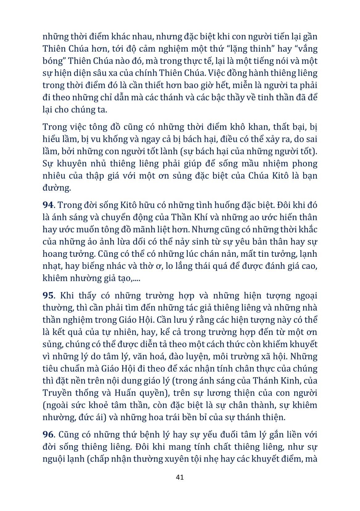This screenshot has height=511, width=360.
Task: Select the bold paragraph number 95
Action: point(48,296)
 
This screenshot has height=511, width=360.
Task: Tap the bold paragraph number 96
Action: point(48,435)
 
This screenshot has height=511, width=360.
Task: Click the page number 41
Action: point(180,477)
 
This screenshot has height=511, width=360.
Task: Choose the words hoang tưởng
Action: point(69,254)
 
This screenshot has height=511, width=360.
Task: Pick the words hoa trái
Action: point(170,417)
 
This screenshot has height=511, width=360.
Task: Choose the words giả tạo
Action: point(116,278)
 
